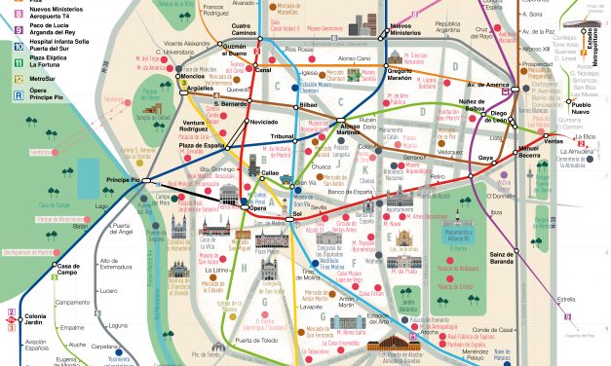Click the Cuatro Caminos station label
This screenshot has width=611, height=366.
[244, 29]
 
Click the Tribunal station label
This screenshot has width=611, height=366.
[281, 136]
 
